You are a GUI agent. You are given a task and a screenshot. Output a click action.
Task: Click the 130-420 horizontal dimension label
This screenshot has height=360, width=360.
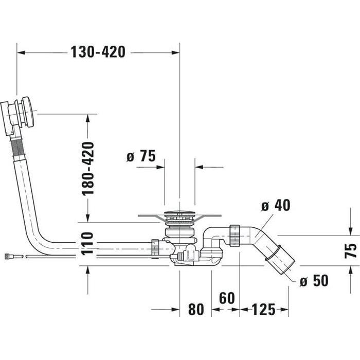[x=98, y=52]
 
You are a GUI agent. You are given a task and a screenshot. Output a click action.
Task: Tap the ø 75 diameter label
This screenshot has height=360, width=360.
[x=140, y=156]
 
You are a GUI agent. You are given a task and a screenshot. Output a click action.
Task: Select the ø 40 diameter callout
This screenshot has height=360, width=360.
[x=275, y=205]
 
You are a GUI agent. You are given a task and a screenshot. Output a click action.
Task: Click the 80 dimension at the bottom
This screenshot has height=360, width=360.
[x=195, y=310]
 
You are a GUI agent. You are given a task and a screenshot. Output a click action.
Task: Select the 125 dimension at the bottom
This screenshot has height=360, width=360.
[x=264, y=310]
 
